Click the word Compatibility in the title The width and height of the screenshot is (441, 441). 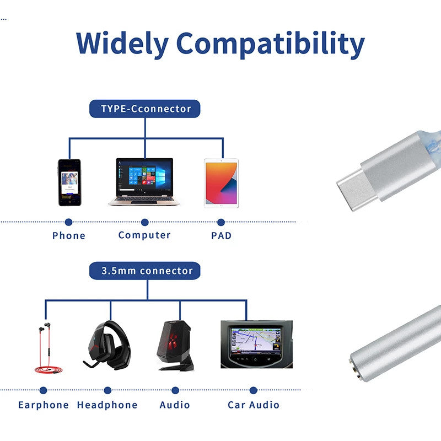(271, 44)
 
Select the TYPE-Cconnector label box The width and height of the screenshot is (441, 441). (145, 109)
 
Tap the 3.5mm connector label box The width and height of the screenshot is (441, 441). (145, 271)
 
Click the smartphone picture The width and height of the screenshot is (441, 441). (69, 182)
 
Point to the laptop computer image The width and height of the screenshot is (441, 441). (144, 182)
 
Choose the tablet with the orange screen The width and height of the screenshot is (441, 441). (221, 183)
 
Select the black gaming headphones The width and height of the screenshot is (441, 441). (110, 344)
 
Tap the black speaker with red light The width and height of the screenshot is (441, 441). (175, 345)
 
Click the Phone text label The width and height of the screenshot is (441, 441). (69, 235)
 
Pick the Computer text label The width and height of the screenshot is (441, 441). (144, 235)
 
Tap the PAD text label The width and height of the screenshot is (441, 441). (221, 235)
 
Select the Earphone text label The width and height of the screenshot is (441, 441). (44, 405)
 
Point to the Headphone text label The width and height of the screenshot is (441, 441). (107, 405)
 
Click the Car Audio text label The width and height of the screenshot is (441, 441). (254, 405)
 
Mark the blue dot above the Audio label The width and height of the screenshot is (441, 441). (175, 390)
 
